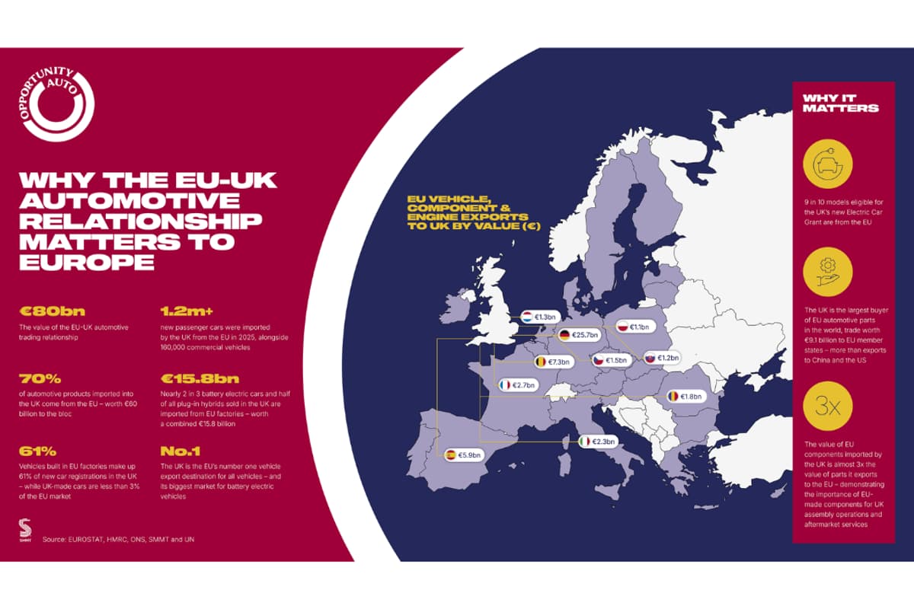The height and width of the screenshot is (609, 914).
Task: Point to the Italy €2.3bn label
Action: click(596, 442)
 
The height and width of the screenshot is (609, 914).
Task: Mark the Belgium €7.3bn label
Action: click(554, 362)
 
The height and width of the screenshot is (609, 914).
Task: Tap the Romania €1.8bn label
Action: click(686, 396)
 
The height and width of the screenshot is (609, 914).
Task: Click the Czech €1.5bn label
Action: click(612, 360)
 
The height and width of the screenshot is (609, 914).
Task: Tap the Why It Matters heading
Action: click(840, 103)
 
